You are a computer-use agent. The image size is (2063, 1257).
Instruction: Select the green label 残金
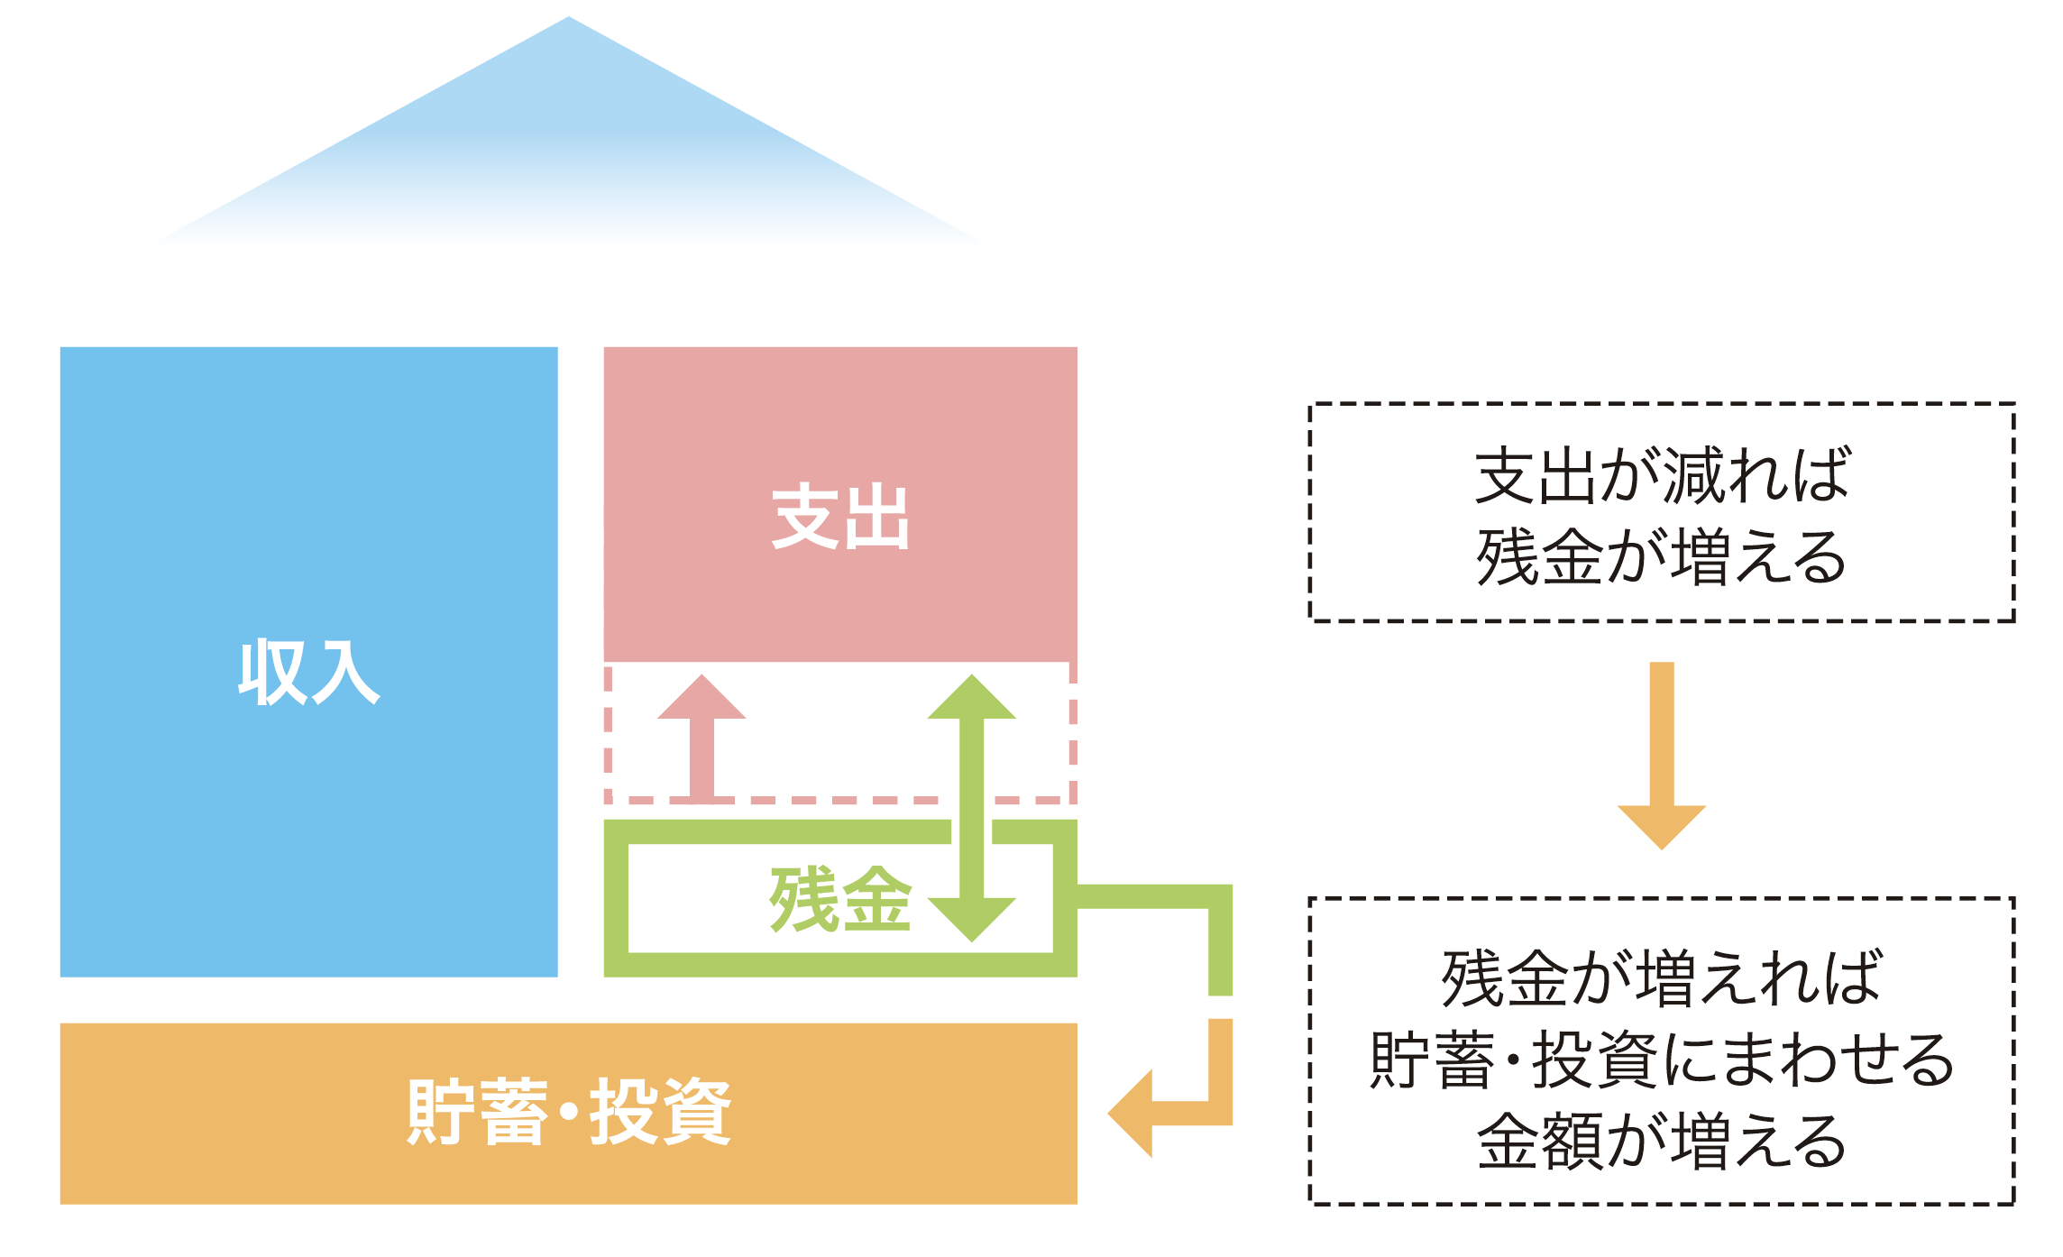pyautogui.click(x=839, y=899)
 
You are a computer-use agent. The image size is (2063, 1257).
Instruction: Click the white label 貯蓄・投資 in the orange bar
pyautogui.click(x=569, y=1112)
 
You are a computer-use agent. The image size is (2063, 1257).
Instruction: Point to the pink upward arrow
pyautogui.click(x=701, y=735)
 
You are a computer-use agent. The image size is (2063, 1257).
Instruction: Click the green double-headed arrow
pyautogui.click(x=972, y=807)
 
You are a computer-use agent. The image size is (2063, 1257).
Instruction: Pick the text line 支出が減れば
pyautogui.click(x=1662, y=475)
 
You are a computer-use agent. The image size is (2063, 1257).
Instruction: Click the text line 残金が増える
pyautogui.click(x=1662, y=557)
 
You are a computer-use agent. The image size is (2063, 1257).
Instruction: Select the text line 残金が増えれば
pyautogui.click(x=1662, y=978)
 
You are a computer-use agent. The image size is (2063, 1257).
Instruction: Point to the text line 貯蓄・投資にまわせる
pyautogui.click(x=1662, y=1060)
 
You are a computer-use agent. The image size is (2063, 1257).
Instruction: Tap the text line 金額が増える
pyautogui.click(x=1662, y=1141)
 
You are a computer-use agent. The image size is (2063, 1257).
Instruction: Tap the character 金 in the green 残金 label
pyautogui.click(x=876, y=899)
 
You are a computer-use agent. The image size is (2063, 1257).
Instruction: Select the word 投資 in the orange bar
pyautogui.click(x=660, y=1112)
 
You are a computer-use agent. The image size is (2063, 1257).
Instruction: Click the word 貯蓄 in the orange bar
pyautogui.click(x=477, y=1112)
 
